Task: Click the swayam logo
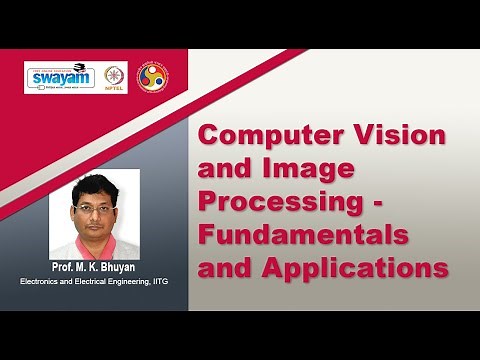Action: tap(60, 78)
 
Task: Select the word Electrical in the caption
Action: tap(89, 282)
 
